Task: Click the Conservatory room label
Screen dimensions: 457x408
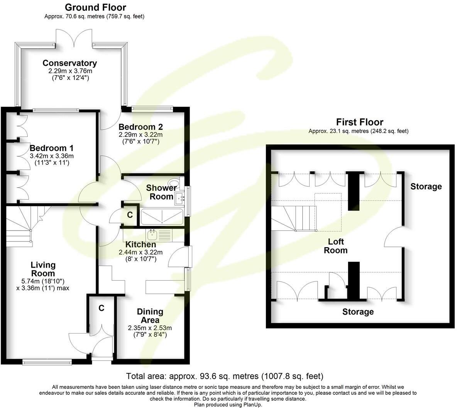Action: pyautogui.click(x=69, y=63)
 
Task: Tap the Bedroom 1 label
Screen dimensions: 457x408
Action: pyautogui.click(x=52, y=148)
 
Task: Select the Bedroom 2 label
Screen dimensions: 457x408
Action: pyautogui.click(x=140, y=127)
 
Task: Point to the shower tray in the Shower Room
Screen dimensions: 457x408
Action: pyautogui.click(x=162, y=217)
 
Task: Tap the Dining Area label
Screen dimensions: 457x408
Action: pyautogui.click(x=150, y=316)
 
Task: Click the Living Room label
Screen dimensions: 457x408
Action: pyautogui.click(x=43, y=269)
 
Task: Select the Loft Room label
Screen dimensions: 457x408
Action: pyautogui.click(x=336, y=246)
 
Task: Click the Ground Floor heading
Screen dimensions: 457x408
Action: pyautogui.click(x=95, y=7)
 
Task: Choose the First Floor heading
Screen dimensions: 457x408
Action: pyautogui.click(x=360, y=122)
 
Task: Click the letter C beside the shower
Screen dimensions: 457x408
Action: pyautogui.click(x=130, y=215)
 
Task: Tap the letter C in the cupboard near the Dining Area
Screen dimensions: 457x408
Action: pyautogui.click(x=102, y=308)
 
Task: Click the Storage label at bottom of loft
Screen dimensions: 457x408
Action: pyautogui.click(x=358, y=312)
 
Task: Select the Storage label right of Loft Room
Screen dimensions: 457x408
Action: pyautogui.click(x=426, y=186)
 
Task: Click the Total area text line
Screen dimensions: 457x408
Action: pyautogui.click(x=225, y=376)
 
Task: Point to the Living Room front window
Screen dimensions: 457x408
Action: pyautogui.click(x=47, y=362)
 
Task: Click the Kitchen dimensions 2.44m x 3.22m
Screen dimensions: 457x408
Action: pyautogui.click(x=140, y=252)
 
